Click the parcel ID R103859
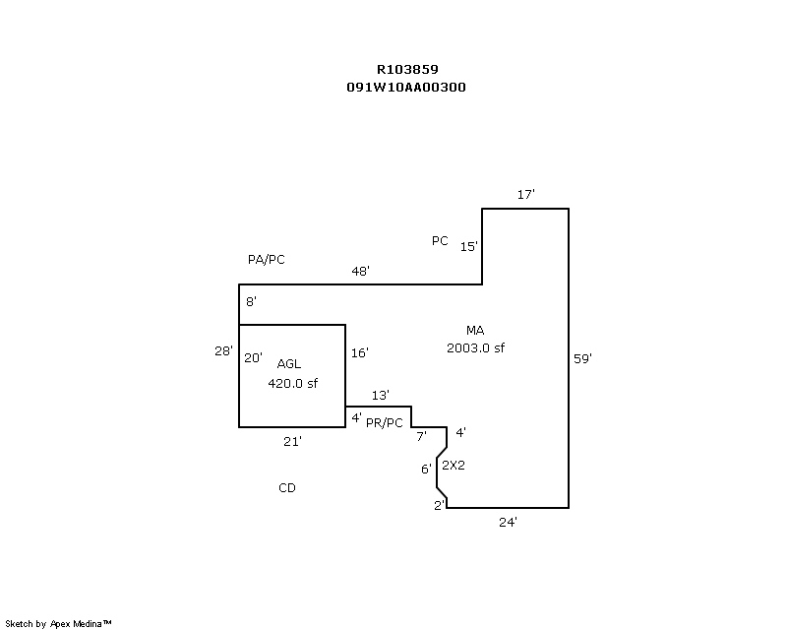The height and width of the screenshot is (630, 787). (x=407, y=70)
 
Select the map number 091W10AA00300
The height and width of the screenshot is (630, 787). (x=406, y=87)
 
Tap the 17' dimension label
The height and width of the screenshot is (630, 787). (x=526, y=195)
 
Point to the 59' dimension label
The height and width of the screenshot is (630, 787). (x=582, y=359)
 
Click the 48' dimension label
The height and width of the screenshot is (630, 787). (x=361, y=271)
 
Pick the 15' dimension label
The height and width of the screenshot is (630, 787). (x=469, y=247)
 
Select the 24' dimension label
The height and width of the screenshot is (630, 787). (x=509, y=523)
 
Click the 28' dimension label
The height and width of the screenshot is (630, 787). (x=224, y=350)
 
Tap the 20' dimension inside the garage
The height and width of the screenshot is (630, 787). (x=253, y=358)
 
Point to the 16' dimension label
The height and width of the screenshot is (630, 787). (x=359, y=352)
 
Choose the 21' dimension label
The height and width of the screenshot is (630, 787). (x=292, y=442)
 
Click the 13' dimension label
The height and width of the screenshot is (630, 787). (x=381, y=395)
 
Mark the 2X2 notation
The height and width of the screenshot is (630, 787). (x=453, y=466)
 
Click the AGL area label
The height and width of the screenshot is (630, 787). (x=289, y=364)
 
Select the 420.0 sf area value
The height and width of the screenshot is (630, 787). (x=293, y=384)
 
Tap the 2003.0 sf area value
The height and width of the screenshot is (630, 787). (x=476, y=347)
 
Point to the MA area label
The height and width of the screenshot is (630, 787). (x=476, y=331)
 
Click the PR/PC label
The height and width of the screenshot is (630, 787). (x=384, y=423)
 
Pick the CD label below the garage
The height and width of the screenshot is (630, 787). (x=287, y=488)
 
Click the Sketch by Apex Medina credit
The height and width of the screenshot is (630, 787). (x=59, y=623)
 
